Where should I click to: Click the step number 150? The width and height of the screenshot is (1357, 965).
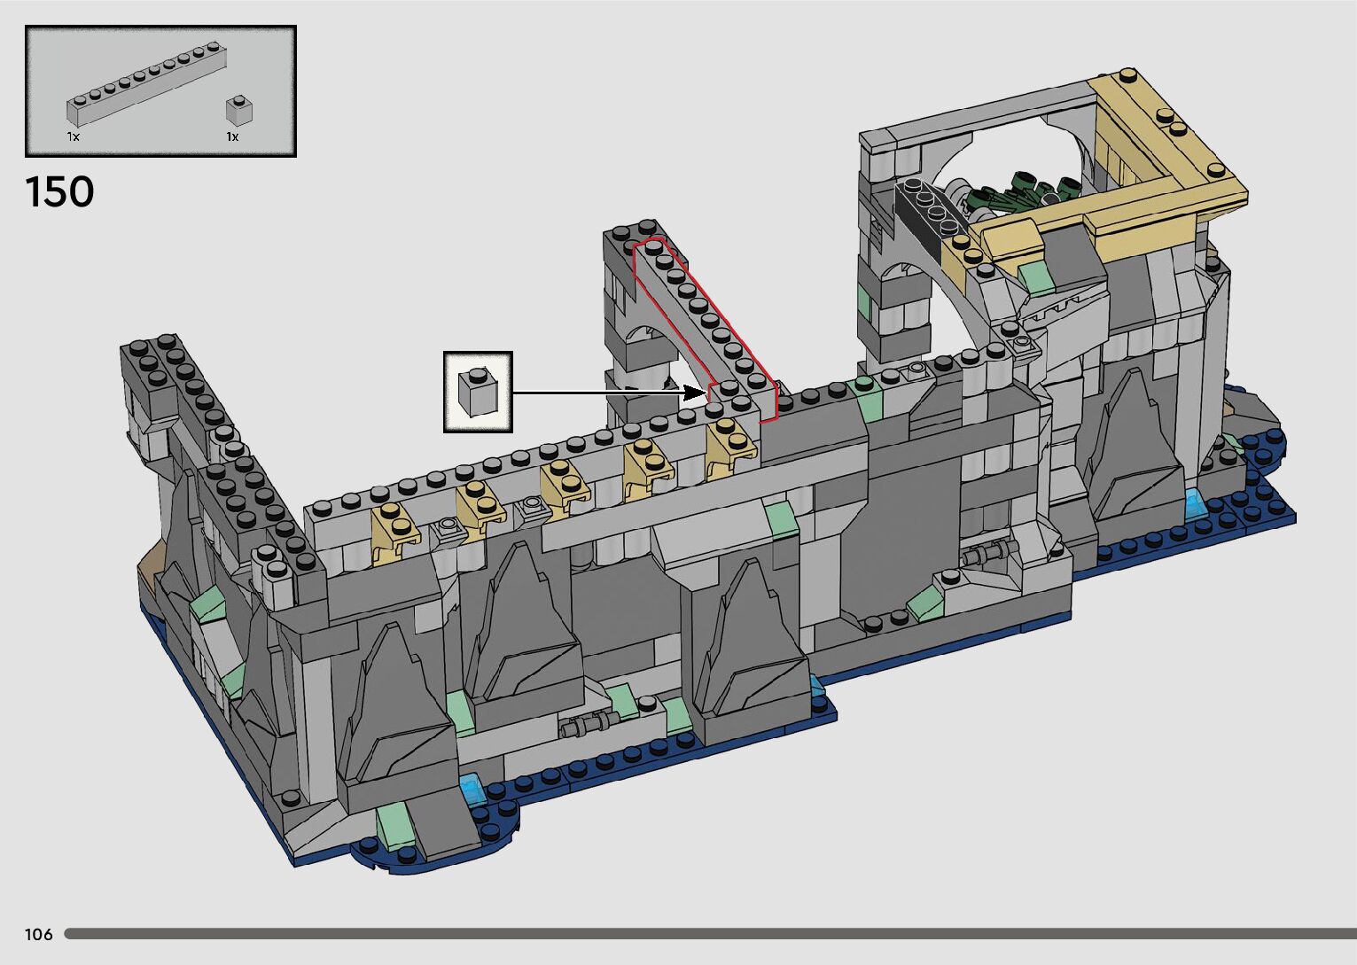tap(59, 191)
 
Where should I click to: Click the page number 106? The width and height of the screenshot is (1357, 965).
tap(39, 934)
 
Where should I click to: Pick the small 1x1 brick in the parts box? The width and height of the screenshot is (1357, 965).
tap(239, 110)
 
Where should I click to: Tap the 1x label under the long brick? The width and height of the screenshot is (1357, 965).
tap(74, 136)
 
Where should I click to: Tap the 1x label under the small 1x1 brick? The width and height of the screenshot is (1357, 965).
tap(232, 136)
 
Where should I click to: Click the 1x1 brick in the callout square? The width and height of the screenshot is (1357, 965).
tap(478, 392)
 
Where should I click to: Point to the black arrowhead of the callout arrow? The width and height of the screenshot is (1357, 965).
tap(696, 393)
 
